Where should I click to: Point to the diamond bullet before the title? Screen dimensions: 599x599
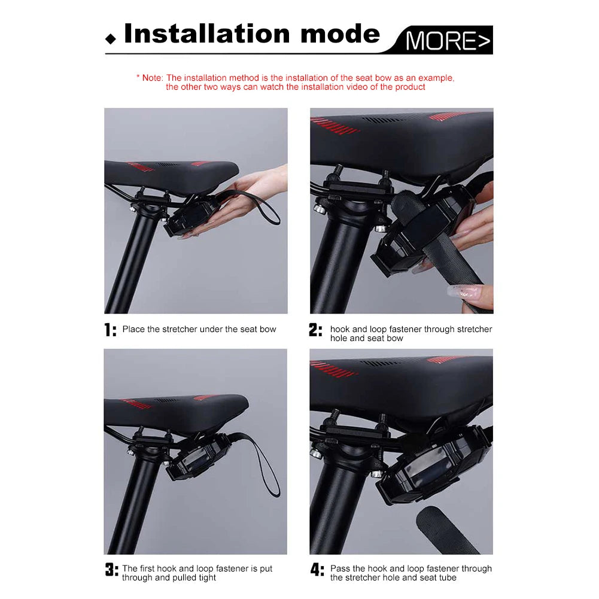(x=110, y=39)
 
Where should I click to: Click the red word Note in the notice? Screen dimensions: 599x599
(x=152, y=78)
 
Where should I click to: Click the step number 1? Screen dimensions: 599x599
(x=110, y=330)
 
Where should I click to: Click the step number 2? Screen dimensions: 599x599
(x=316, y=330)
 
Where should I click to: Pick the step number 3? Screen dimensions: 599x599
(x=111, y=570)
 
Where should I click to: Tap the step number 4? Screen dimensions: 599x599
(x=317, y=570)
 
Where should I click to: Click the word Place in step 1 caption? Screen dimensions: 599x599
(x=133, y=329)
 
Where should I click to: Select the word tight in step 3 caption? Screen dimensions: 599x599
(x=205, y=577)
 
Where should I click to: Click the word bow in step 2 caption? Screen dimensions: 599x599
(x=395, y=338)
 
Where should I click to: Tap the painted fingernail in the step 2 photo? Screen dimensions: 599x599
(x=464, y=293)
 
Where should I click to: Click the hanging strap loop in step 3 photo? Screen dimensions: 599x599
(x=267, y=464)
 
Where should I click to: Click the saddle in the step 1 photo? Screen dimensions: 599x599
(x=171, y=174)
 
